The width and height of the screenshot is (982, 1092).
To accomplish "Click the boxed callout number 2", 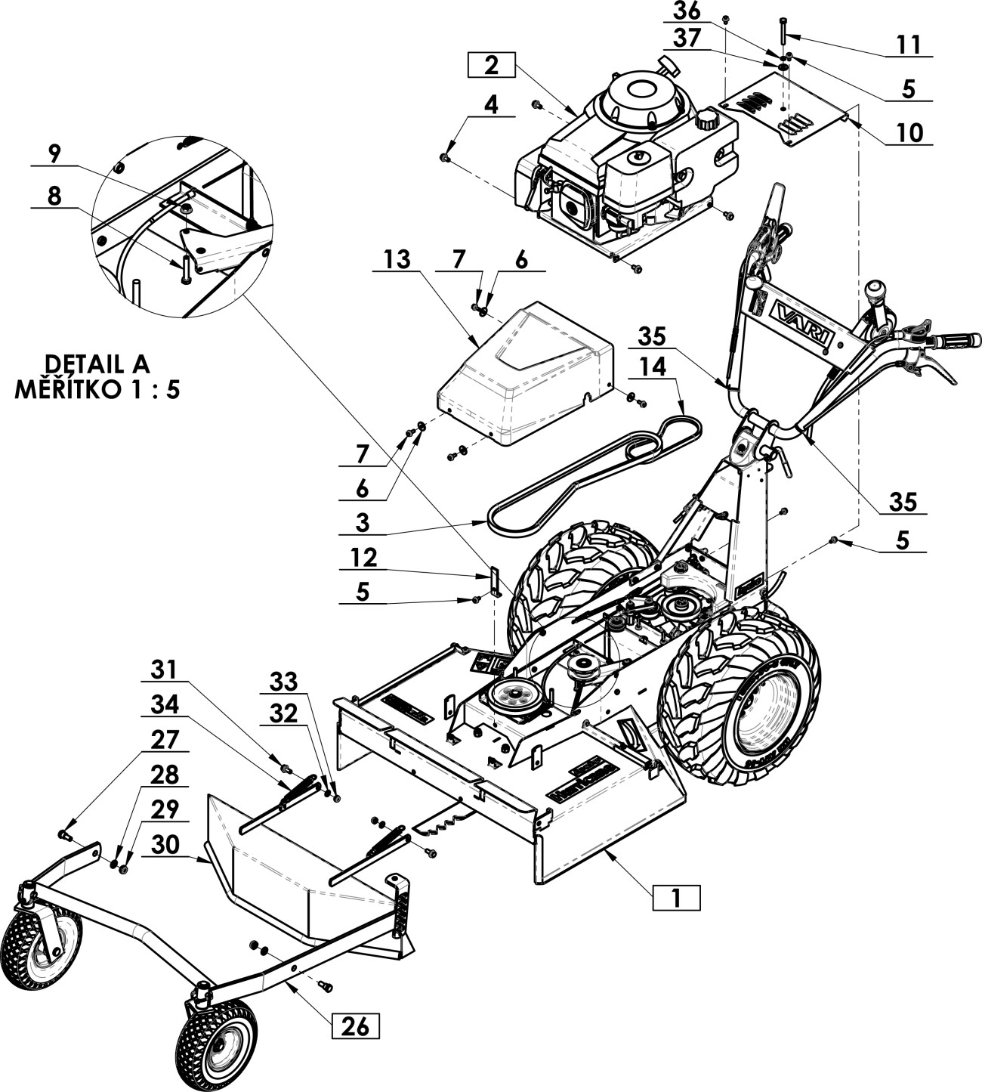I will click(x=492, y=65).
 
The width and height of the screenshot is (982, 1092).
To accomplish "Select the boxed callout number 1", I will click(x=676, y=898).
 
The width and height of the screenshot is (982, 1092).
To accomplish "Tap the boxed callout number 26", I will click(x=355, y=1027).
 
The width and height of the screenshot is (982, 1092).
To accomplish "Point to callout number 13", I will click(x=396, y=261).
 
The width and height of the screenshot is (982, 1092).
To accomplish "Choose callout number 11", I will click(x=909, y=45).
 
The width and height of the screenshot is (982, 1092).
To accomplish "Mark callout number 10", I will click(x=909, y=133).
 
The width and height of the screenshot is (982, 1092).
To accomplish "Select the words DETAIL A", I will click(x=98, y=363).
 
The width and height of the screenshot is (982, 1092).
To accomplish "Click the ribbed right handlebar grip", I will click(x=956, y=340).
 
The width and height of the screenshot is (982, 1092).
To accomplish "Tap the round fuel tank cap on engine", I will click(x=707, y=119).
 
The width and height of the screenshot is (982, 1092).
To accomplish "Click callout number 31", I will click(x=164, y=670).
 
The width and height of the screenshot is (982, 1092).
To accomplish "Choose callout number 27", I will click(x=165, y=740).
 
